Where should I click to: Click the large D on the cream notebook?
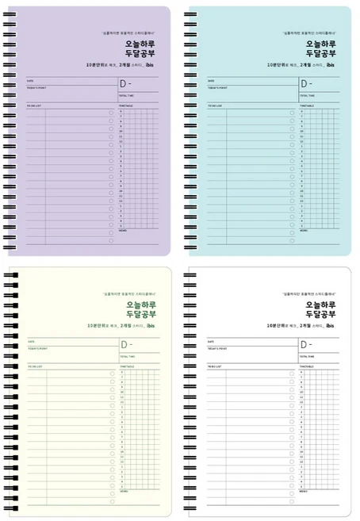click(x=124, y=344)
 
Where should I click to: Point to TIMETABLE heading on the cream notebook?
click(x=127, y=366)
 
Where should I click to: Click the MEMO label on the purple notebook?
click(x=123, y=229)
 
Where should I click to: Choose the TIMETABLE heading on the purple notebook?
click(x=127, y=105)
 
